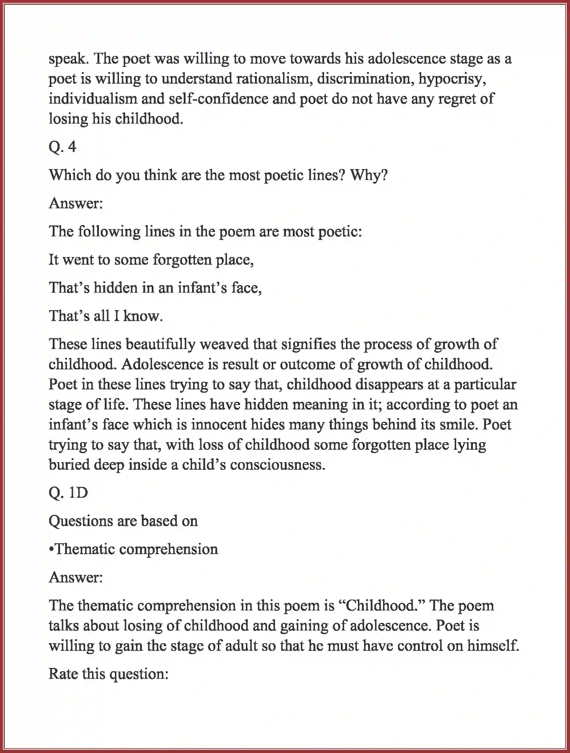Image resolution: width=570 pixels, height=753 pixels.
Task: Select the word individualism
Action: point(92,99)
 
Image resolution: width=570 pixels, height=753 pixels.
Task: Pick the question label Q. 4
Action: point(62,147)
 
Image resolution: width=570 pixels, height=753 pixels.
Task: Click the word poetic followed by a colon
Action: point(340,232)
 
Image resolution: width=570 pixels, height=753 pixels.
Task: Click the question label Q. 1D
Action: point(68,493)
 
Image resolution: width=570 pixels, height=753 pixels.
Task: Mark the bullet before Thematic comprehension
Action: point(51,549)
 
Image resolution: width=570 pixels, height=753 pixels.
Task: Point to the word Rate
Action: point(63,674)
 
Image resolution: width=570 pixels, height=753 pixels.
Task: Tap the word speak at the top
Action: point(69,59)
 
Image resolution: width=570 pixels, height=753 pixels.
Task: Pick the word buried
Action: point(69,465)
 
